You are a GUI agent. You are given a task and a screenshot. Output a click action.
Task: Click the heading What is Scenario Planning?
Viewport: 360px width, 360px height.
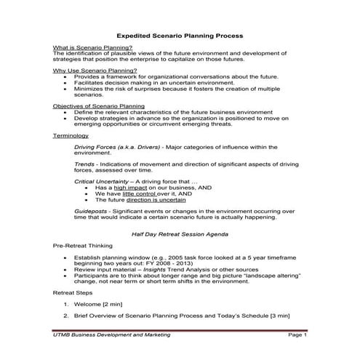tap(93, 47)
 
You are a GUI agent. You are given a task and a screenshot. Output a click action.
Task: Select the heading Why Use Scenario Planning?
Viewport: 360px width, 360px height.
tap(95, 70)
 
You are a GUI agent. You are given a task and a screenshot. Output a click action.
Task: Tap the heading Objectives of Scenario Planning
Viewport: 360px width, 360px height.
tap(99, 105)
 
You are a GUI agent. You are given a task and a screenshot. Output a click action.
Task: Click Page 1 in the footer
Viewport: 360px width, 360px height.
tap(297, 335)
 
